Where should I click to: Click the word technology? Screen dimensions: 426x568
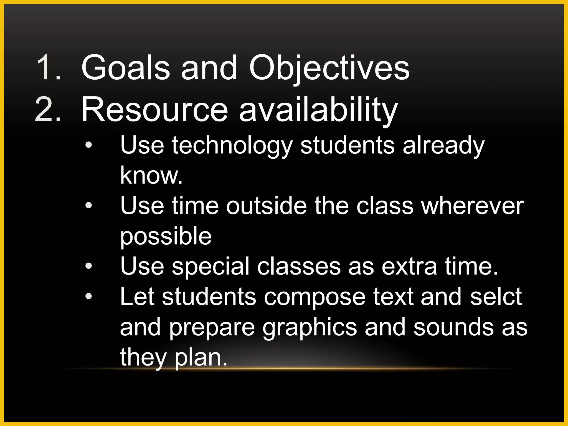232,145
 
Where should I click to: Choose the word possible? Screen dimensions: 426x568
166,236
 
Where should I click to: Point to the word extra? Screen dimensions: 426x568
409,266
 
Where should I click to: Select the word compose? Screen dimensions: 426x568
315,297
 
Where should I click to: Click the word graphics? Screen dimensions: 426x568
310,327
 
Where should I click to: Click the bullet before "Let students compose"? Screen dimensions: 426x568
88,296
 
